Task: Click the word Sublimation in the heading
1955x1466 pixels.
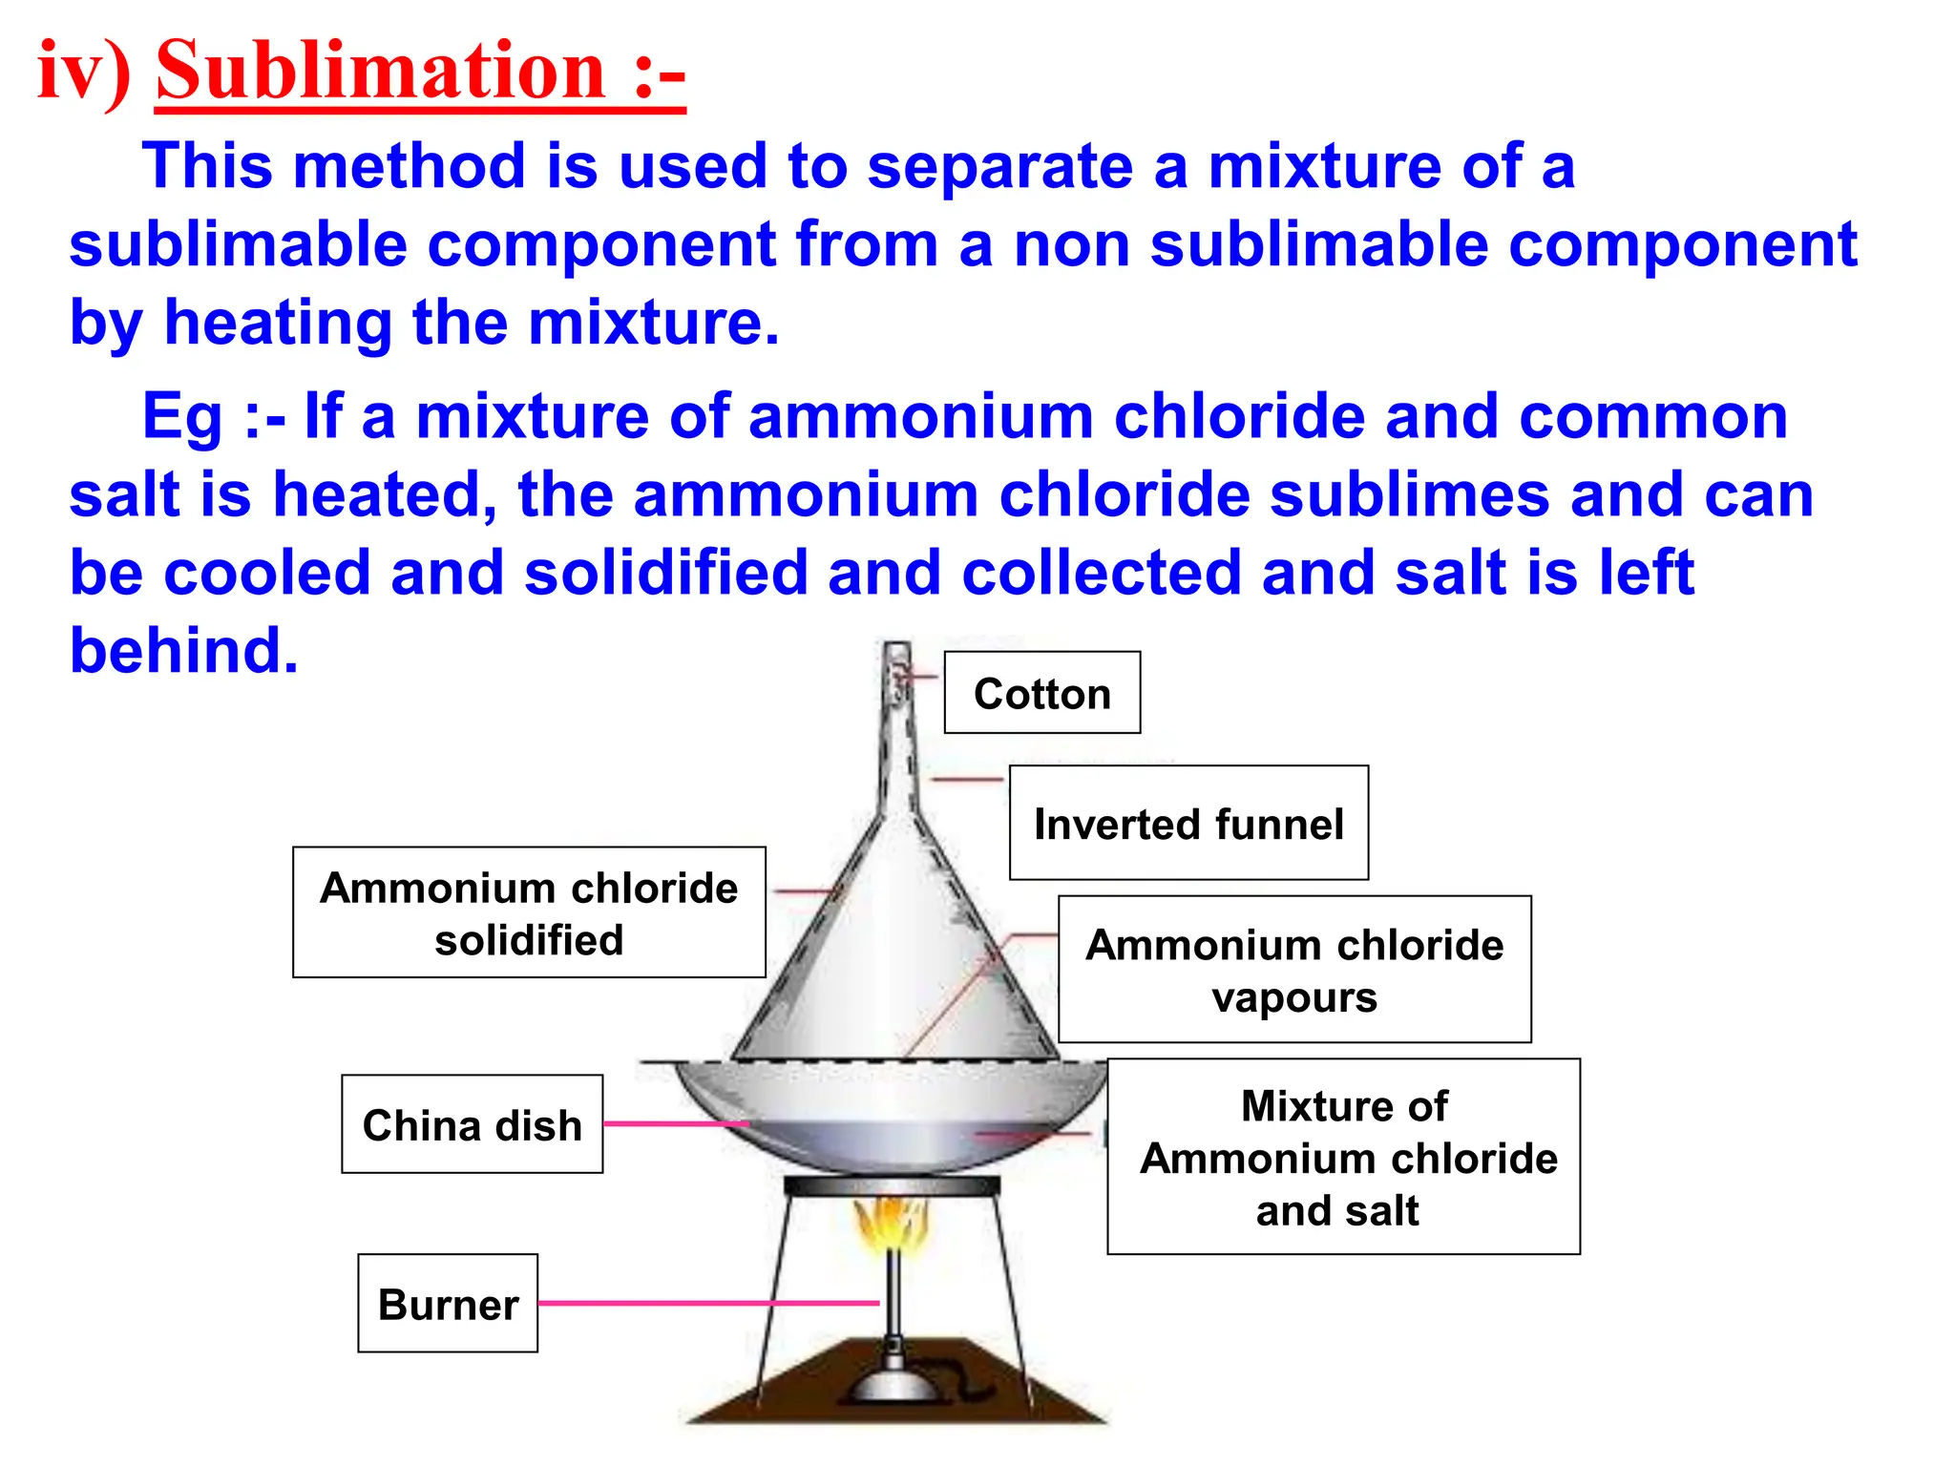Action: point(382,72)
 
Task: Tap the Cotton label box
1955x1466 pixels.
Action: point(1041,693)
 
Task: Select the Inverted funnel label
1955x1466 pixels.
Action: point(1188,823)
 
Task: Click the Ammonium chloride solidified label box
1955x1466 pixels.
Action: point(529,912)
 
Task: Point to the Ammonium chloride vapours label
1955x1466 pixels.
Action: point(1294,970)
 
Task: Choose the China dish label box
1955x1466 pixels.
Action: point(472,1124)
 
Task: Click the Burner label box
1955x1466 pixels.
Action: point(448,1304)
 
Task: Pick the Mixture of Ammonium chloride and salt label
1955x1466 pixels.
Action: point(1343,1157)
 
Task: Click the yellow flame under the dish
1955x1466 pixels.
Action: point(891,1226)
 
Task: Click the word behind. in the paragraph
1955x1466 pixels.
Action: point(184,651)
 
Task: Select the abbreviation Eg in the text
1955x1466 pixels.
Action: point(180,418)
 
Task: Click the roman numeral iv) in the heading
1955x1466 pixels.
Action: point(84,72)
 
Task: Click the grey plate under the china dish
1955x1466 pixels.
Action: point(892,1186)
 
